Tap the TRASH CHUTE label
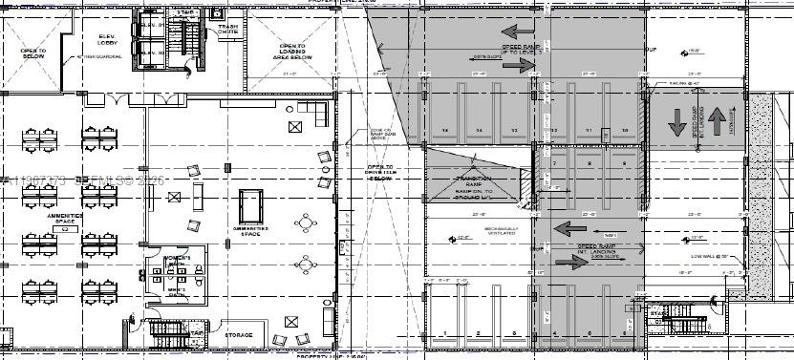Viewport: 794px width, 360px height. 227,30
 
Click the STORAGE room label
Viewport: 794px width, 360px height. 239,335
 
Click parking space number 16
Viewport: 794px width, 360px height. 443,129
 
